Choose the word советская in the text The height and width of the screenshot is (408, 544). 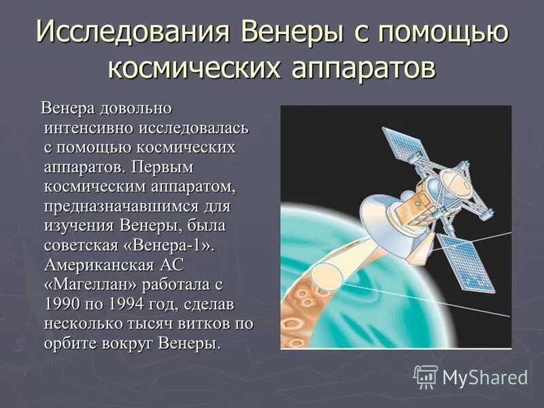[x=82, y=244]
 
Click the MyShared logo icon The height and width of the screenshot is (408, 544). [x=426, y=376]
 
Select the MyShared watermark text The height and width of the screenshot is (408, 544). [x=485, y=377]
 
